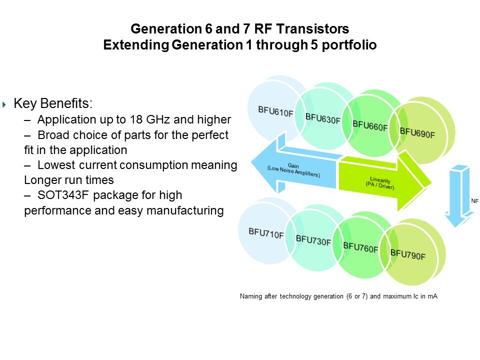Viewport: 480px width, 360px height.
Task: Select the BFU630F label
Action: (x=323, y=118)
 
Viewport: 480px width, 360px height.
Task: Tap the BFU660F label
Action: (x=370, y=125)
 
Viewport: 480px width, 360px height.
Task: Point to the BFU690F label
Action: (x=417, y=133)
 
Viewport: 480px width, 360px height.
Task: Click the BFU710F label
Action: (x=266, y=233)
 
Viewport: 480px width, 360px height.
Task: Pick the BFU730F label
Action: (x=313, y=240)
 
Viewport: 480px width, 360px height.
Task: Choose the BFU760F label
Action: (x=360, y=247)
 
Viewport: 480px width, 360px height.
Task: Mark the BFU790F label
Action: (x=408, y=254)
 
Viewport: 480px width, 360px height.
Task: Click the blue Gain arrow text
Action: (x=293, y=170)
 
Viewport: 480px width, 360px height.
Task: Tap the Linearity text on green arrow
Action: (x=380, y=183)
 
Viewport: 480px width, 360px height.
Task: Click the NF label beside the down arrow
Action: (x=474, y=201)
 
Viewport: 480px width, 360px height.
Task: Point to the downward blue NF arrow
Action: (x=457, y=196)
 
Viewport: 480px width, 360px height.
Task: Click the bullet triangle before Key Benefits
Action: (x=4, y=104)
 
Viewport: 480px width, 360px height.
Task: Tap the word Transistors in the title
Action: (x=312, y=29)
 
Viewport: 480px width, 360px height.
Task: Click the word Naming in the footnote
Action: (x=251, y=296)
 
